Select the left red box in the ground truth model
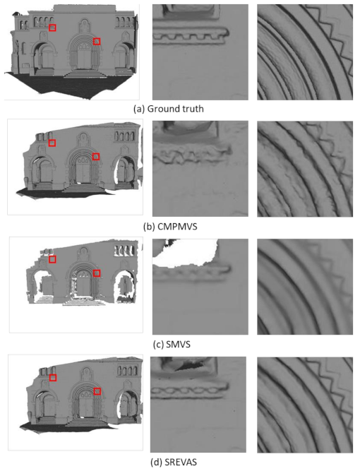click(53, 28)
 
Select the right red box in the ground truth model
click(97, 42)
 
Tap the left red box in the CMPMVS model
click(52, 143)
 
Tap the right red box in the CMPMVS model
click(97, 156)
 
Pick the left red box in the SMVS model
click(52, 259)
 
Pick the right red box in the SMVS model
click(97, 273)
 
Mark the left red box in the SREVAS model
click(52, 378)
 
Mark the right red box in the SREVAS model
click(97, 390)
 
